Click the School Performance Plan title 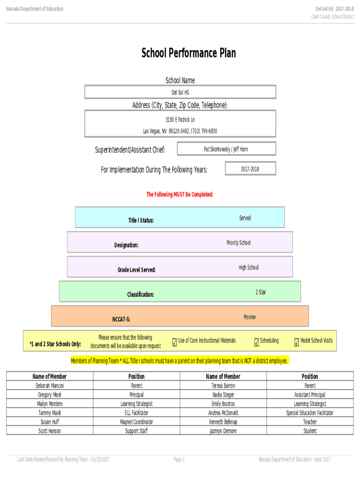(188, 53)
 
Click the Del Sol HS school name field (180, 92)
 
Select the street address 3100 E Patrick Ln (180, 120)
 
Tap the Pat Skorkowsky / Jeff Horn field (226, 149)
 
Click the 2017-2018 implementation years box (250, 169)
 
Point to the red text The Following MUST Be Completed (180, 194)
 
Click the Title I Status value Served (245, 218)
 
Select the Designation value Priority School (238, 243)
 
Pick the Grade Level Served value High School (248, 268)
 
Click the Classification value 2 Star (260, 292)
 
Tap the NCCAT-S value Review (250, 317)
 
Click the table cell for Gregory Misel (50, 395)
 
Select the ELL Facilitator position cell (137, 413)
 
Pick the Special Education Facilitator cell (310, 413)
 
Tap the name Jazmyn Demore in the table (223, 431)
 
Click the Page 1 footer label (180, 460)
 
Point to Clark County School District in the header (332, 17)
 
